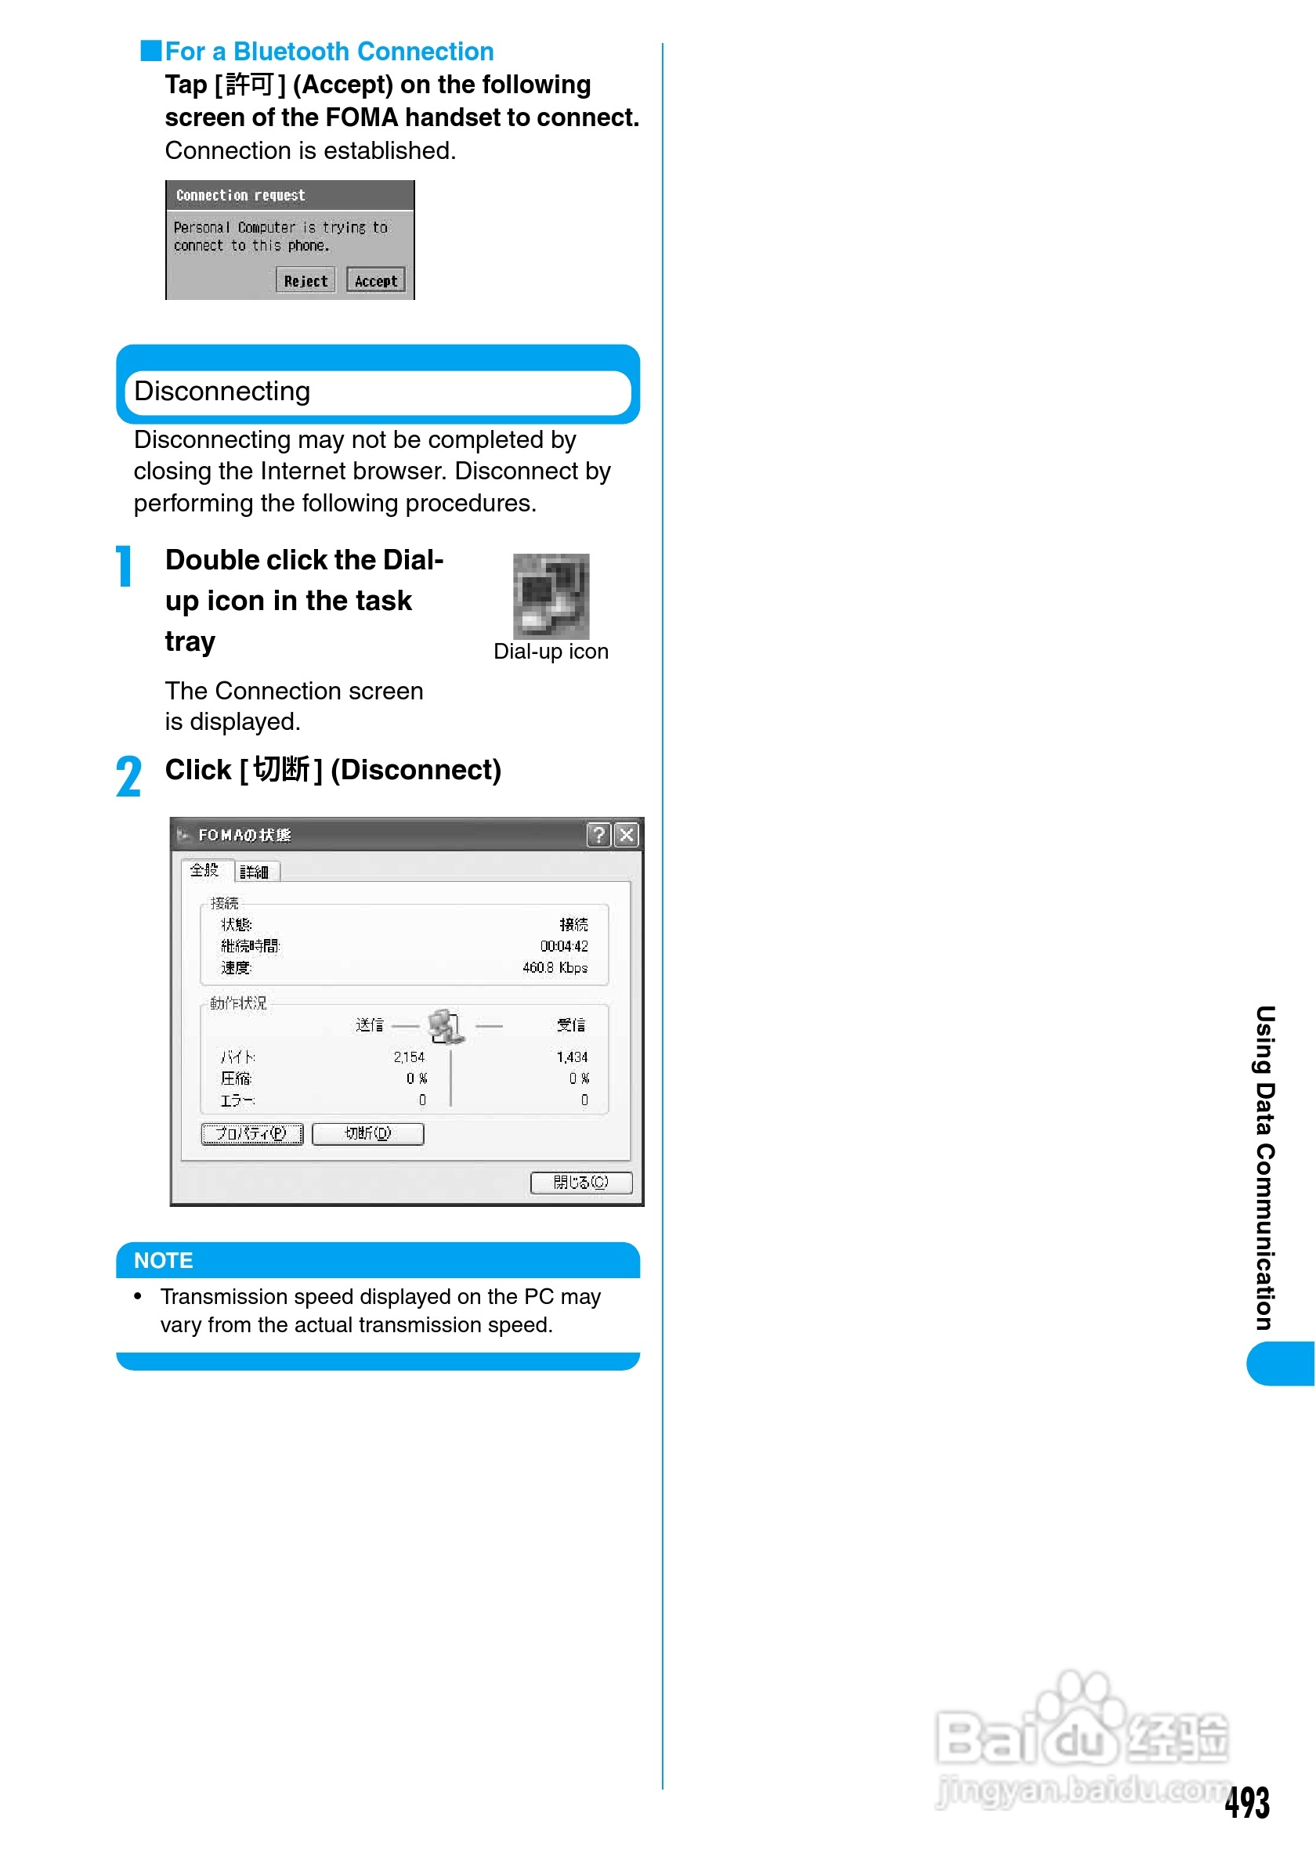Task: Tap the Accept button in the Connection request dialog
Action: [375, 280]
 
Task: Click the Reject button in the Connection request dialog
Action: [305, 280]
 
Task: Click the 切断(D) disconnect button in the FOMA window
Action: [367, 1133]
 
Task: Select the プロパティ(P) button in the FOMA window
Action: [251, 1133]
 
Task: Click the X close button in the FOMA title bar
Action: [626, 835]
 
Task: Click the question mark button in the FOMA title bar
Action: [598, 835]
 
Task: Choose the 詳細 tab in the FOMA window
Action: [255, 872]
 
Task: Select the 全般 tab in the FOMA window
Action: [204, 870]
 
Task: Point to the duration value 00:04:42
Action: [564, 946]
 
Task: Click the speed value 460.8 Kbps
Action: [555, 968]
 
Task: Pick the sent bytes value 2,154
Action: [409, 1057]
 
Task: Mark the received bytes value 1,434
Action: [573, 1057]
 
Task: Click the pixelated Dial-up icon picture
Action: [551, 596]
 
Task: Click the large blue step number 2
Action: [128, 776]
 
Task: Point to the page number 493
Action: [1247, 1802]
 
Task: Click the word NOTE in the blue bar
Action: [163, 1260]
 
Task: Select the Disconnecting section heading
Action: [222, 392]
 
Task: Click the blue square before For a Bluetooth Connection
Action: [151, 50]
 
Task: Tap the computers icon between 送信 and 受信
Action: [446, 1026]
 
